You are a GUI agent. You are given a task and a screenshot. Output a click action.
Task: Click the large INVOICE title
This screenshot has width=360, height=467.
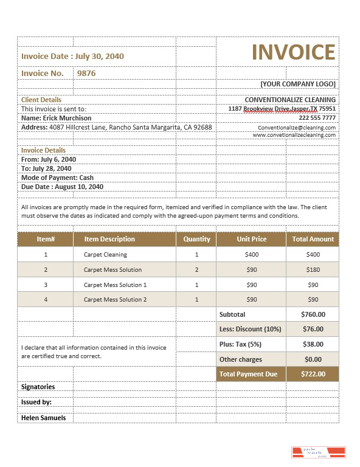pos(293,52)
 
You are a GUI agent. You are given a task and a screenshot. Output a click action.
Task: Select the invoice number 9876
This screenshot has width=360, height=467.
pos(86,73)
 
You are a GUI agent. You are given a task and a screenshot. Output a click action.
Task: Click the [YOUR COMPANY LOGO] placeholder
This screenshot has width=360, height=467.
pos(297,84)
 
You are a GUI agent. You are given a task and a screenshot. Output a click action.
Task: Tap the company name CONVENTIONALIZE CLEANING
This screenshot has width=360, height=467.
pos(290,100)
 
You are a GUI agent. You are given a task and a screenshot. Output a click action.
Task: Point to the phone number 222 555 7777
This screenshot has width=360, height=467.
pos(317,118)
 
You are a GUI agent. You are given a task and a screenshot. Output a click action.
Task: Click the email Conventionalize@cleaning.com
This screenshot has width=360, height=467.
pos(296,128)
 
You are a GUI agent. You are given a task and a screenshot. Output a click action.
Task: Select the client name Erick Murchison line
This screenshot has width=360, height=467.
pos(57,118)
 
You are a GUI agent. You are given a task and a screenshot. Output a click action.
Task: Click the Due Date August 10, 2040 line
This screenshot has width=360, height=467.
pos(62,187)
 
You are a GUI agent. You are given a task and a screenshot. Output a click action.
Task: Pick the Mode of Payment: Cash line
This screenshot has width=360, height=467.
pos(57,178)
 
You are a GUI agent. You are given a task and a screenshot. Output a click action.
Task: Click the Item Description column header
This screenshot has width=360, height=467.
pos(109,239)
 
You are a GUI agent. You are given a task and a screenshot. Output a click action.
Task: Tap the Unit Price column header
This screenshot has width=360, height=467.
pos(251,239)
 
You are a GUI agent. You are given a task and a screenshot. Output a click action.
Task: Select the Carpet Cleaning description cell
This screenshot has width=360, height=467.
pos(105,255)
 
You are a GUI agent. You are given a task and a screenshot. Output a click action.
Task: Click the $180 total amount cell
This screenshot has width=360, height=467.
pos(313,270)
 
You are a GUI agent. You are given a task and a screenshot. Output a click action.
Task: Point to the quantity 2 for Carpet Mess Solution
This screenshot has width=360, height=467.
pos(196,270)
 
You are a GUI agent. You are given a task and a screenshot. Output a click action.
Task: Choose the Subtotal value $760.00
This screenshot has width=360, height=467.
pos(313,314)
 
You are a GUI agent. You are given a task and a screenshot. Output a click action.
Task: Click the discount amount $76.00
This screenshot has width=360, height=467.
pos(313,329)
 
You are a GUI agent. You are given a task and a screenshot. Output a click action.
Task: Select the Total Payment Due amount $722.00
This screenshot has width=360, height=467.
pos(313,374)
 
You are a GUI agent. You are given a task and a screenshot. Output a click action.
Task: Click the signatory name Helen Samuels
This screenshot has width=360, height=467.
pos(43,418)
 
